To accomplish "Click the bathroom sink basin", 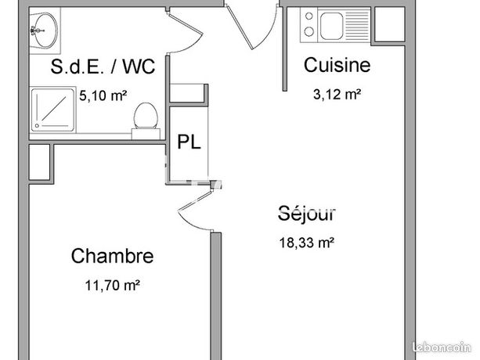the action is (x=45, y=31).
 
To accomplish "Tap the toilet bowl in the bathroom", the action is (x=146, y=116).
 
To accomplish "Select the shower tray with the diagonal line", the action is (x=52, y=110).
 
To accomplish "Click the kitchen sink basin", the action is (x=331, y=27).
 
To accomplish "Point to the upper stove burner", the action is (x=309, y=16).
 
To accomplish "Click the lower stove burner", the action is (x=309, y=31).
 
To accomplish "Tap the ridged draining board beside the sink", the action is (x=358, y=26).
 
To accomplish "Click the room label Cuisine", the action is (x=337, y=65).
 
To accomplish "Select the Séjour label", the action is (x=307, y=213).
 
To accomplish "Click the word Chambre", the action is (x=112, y=256).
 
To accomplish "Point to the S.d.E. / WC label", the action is (x=103, y=66).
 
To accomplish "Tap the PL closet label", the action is (x=189, y=142).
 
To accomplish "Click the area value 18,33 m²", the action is (x=306, y=243).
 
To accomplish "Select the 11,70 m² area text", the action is (x=113, y=286).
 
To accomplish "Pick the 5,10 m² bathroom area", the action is (x=103, y=95).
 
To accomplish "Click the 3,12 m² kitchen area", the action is (x=337, y=94).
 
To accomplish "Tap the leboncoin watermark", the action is (x=442, y=347).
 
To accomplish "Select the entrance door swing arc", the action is (x=269, y=30).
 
